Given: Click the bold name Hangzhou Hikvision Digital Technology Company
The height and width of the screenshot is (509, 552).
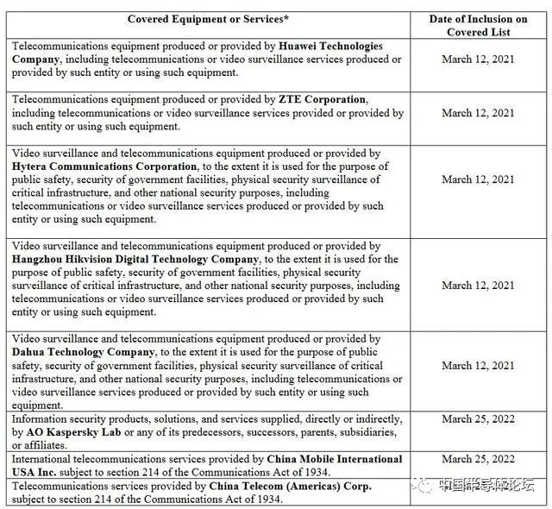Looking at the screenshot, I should click(135, 260).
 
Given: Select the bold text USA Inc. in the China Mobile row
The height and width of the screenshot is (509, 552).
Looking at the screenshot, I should click(36, 473).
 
